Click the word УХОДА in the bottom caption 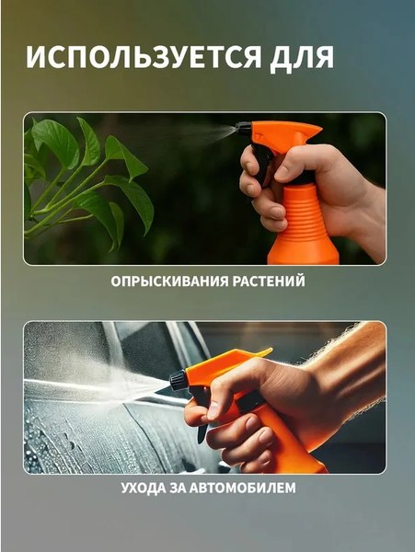(x=146, y=488)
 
